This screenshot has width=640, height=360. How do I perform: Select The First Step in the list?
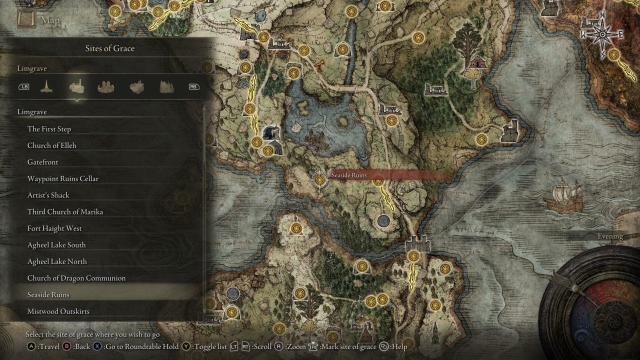point(49,129)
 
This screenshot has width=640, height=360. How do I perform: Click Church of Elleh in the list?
point(52,145)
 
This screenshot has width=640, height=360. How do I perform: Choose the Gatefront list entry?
point(43,162)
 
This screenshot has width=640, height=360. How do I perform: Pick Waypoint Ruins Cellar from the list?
point(63,178)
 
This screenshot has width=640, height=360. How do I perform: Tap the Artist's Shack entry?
point(48,195)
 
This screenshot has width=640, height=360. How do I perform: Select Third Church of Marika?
point(65,211)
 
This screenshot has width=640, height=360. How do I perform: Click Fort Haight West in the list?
point(54,228)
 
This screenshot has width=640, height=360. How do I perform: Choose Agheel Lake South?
point(56,245)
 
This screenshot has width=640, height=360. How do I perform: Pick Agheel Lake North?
point(57,261)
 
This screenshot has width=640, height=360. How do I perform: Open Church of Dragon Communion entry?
point(76,278)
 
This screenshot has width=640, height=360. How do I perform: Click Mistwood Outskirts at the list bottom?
point(58,311)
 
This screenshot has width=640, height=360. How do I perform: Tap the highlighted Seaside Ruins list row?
point(48,295)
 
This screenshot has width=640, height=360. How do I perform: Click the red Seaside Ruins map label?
point(349,175)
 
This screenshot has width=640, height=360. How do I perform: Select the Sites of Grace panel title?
point(110,48)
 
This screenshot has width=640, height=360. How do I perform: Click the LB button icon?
point(24,86)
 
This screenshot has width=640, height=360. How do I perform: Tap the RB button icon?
point(193,86)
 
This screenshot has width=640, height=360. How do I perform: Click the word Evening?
point(610,236)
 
